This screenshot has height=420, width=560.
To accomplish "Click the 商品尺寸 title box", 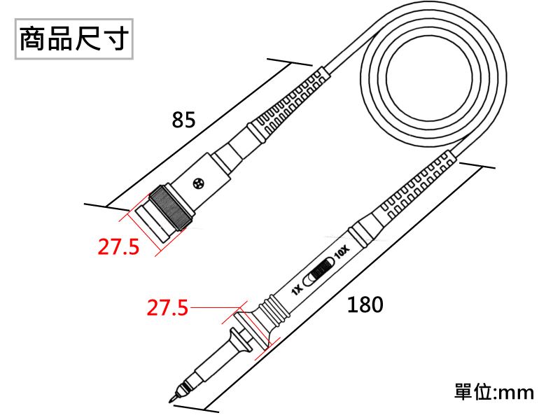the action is coord(74,39).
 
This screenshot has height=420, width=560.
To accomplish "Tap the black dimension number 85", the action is coord(183,120).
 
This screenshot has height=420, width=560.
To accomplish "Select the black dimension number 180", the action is coord(365,304).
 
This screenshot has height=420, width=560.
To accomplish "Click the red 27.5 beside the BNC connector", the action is coord(118,247).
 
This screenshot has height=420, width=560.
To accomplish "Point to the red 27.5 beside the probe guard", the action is coord(167,307).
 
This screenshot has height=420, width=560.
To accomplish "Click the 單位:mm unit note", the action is coord(494,392).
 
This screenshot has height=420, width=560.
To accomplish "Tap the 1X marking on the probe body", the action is coord(297,290).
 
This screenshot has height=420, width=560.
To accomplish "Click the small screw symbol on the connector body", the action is coord(198,184).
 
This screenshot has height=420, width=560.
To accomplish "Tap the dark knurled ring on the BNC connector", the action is coord(170,208).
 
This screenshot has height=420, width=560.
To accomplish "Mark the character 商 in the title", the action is coord(33,38).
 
